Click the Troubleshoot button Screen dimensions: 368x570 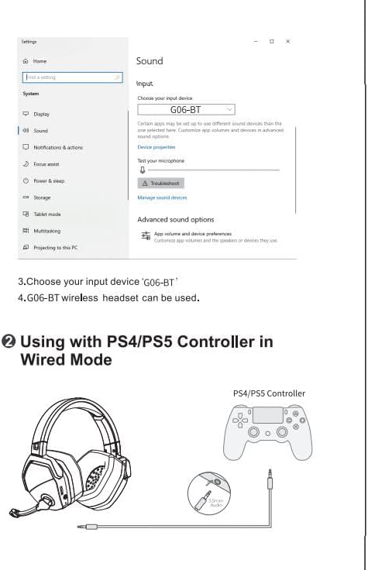coord(160,184)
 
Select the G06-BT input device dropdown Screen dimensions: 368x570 coord(186,110)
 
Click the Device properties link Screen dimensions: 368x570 coord(156,147)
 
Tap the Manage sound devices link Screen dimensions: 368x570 coord(162,198)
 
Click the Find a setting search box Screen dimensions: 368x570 coord(73,77)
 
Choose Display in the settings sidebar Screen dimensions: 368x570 coord(41,114)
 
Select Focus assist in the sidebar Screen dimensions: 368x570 coord(46,164)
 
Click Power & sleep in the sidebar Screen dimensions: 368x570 coord(48,180)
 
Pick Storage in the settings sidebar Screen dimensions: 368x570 coord(42,197)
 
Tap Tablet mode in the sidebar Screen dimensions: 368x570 coord(46,215)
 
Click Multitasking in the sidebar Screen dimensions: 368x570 coord(46,231)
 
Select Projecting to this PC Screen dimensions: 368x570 coord(54,248)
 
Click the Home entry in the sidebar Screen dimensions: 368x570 coord(40,60)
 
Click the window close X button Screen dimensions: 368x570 coord(287,41)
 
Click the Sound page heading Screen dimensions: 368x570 coord(150,61)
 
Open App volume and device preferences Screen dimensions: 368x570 coord(192,233)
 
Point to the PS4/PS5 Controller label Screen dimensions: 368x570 coord(269,393)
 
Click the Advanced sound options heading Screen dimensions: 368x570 coord(175,220)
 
